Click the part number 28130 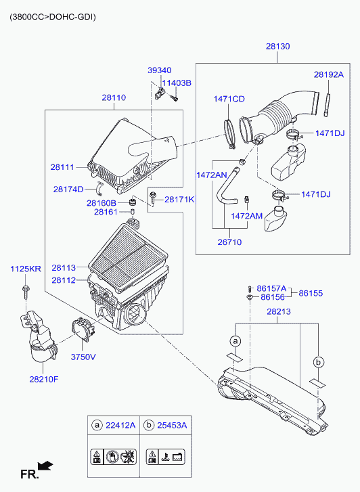pyautogui.click(x=277, y=47)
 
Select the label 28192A pyautogui.click(x=329, y=74)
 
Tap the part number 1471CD pyautogui.click(x=229, y=99)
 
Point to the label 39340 pyautogui.click(x=160, y=70)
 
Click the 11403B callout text pyautogui.click(x=177, y=83)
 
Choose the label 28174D pyautogui.click(x=68, y=189)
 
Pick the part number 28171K pyautogui.click(x=179, y=199)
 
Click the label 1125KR pyautogui.click(x=26, y=269)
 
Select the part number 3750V pyautogui.click(x=83, y=357)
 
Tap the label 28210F pyautogui.click(x=44, y=380)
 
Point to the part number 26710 pyautogui.click(x=230, y=242)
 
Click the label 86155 pyautogui.click(x=311, y=294)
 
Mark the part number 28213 pyautogui.click(x=279, y=311)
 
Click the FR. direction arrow pyautogui.click(x=45, y=466)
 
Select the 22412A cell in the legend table pyautogui.click(x=114, y=426)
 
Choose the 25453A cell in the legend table pyautogui.click(x=166, y=426)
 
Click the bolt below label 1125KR pyautogui.click(x=25, y=292)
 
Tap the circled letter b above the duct pyautogui.click(x=318, y=363)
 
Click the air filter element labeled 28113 pyautogui.click(x=129, y=256)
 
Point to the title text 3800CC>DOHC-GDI pyautogui.click(x=52, y=17)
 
